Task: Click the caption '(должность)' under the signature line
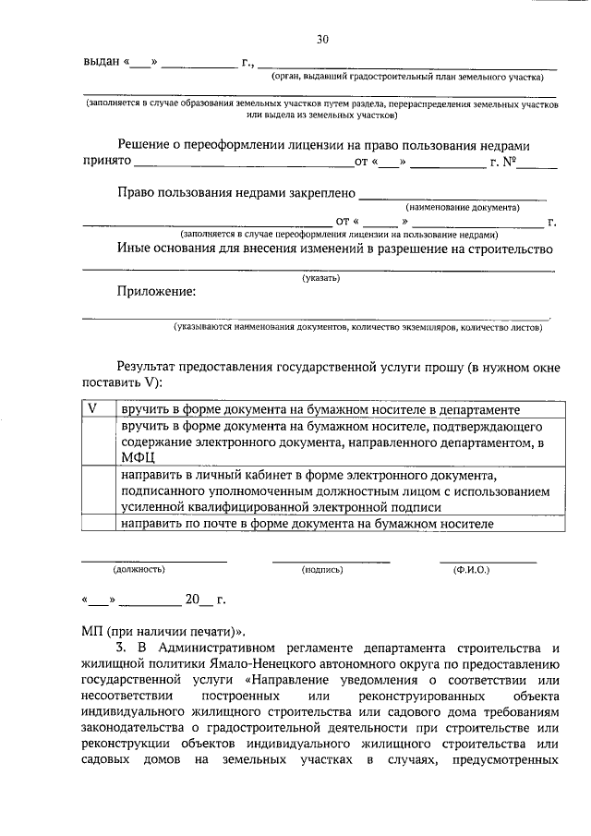click(x=139, y=570)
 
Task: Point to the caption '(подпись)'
click(x=323, y=570)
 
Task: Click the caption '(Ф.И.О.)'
click(x=471, y=570)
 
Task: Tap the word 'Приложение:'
click(x=156, y=292)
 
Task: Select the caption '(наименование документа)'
click(x=463, y=208)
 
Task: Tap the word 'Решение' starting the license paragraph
click(x=146, y=145)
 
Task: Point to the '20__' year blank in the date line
click(x=198, y=599)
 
